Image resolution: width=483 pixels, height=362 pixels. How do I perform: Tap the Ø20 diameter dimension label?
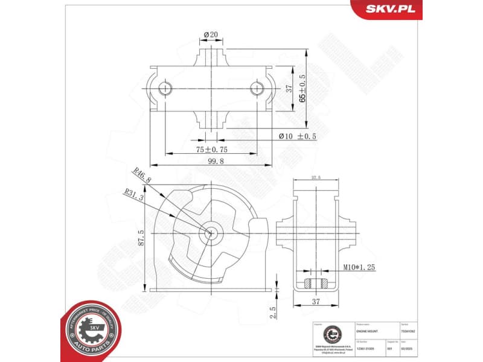(210, 34)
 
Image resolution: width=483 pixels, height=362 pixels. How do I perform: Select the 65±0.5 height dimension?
(302, 89)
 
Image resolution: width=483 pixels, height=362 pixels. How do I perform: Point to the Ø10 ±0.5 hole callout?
(297, 136)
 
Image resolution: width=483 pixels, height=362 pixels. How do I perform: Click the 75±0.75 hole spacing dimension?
(211, 149)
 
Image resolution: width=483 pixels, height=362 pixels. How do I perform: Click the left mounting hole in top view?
(164, 89)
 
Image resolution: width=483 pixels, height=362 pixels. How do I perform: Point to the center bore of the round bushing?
(211, 233)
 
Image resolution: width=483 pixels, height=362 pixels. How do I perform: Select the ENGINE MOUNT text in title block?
(368, 331)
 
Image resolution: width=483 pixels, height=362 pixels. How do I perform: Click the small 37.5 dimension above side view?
(315, 177)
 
